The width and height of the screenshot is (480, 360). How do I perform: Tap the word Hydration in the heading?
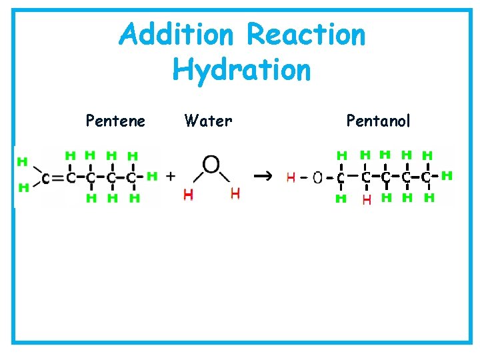(241, 69)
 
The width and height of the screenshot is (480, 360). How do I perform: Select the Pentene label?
(115, 121)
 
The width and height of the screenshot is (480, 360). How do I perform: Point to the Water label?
(208, 121)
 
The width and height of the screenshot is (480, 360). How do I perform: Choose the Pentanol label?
(378, 121)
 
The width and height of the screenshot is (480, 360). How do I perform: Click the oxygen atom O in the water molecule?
(212, 163)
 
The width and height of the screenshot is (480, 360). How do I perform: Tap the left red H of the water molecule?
(189, 194)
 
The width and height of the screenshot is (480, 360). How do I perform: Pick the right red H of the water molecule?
(234, 193)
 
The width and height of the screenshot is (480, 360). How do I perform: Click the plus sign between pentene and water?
(171, 176)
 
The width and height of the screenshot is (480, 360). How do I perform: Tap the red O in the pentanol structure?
(317, 177)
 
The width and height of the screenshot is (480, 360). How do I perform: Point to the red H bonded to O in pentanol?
(291, 177)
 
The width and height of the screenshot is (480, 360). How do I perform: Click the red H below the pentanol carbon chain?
(366, 199)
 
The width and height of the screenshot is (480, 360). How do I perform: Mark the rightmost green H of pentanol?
(447, 175)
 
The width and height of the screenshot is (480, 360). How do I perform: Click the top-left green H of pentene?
(22, 161)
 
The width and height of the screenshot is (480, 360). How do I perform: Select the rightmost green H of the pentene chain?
(152, 176)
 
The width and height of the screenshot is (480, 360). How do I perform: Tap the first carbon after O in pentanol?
(341, 178)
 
